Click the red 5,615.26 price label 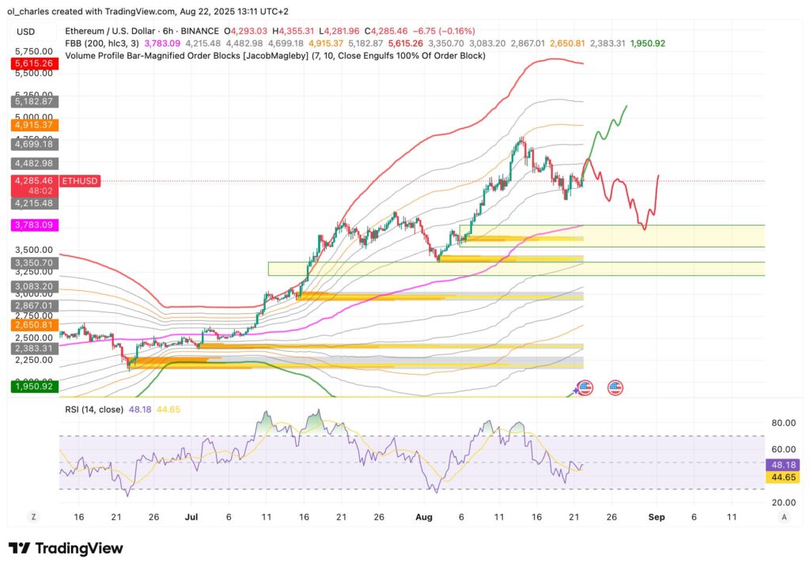[32, 63]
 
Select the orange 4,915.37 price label [32, 125]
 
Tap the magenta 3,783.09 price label [32, 225]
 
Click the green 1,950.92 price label [32, 387]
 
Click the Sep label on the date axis [657, 516]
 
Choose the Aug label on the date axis [424, 516]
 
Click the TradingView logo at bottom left [66, 549]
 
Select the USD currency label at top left [25, 32]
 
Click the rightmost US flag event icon [615, 387]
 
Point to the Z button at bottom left [33, 516]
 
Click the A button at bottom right [783, 516]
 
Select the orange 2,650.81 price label [32, 325]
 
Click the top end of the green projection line [627, 105]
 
